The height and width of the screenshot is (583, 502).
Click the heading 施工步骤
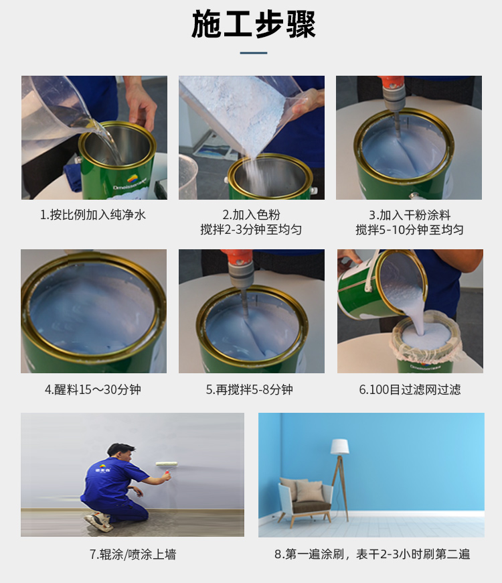(x=254, y=25)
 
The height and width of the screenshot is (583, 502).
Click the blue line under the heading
(x=254, y=53)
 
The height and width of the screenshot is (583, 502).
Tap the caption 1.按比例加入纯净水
(x=93, y=215)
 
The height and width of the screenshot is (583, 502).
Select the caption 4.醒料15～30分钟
(x=93, y=389)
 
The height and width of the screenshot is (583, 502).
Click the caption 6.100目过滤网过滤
(x=410, y=389)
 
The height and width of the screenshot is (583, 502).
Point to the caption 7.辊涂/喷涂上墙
(x=133, y=554)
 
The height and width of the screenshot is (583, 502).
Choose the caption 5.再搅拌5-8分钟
(x=250, y=389)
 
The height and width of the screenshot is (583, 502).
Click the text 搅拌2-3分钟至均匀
(x=251, y=230)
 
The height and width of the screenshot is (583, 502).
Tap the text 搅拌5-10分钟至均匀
(x=410, y=230)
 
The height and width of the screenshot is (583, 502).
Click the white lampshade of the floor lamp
(x=340, y=446)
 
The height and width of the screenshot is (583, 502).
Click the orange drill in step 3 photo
(x=392, y=90)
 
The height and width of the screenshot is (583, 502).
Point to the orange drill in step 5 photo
(x=238, y=265)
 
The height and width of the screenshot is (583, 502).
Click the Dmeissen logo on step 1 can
(x=131, y=182)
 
